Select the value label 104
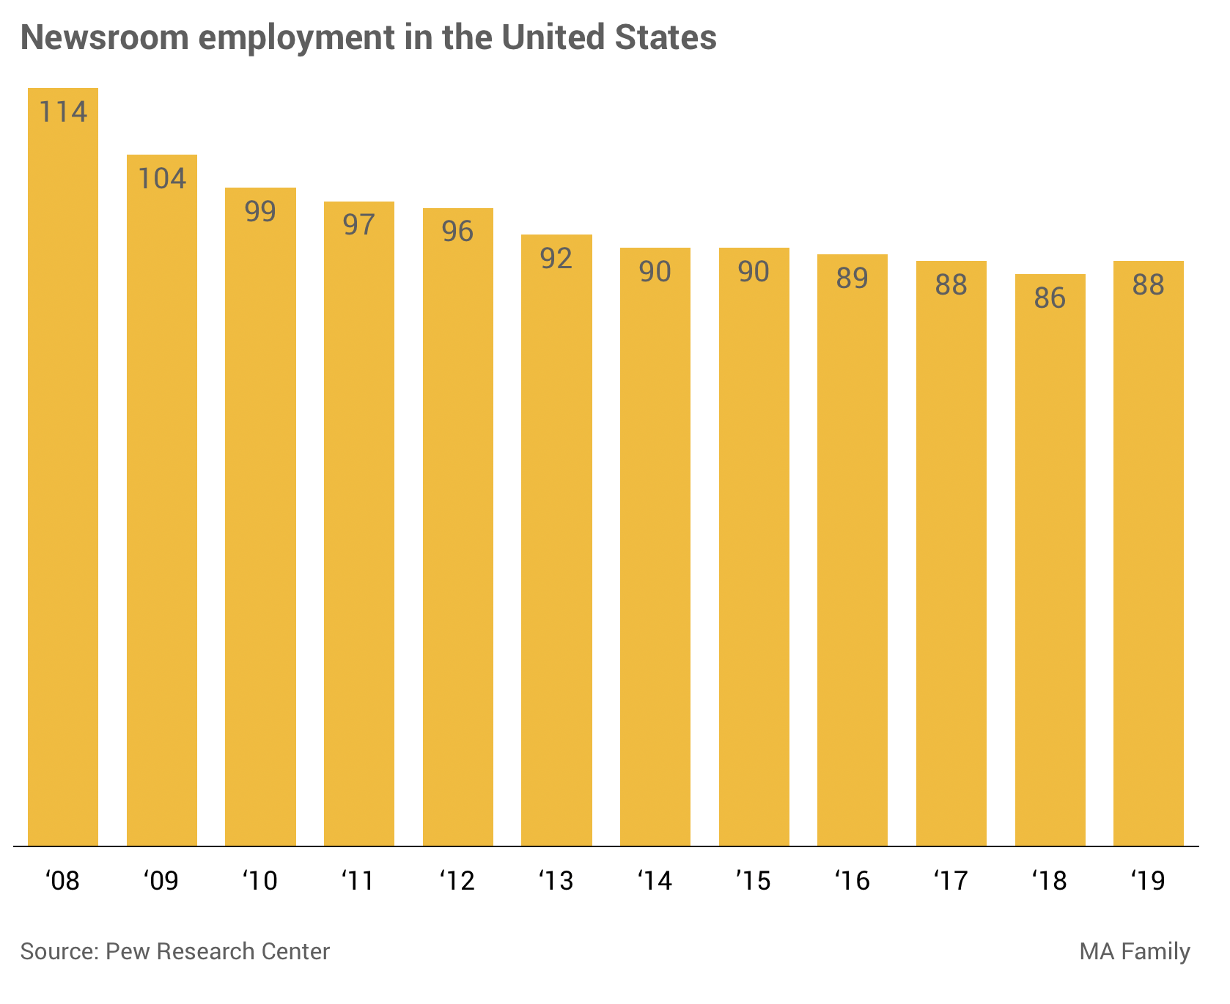pos(162,178)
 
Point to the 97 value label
pos(359,224)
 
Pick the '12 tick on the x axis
pos(457,880)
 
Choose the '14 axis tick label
pos(655,880)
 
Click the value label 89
pos(852,278)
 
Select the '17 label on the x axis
pos(951,880)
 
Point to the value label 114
pos(63,111)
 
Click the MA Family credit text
pos(1134,951)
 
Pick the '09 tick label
pos(161,880)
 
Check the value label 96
pos(457,231)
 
